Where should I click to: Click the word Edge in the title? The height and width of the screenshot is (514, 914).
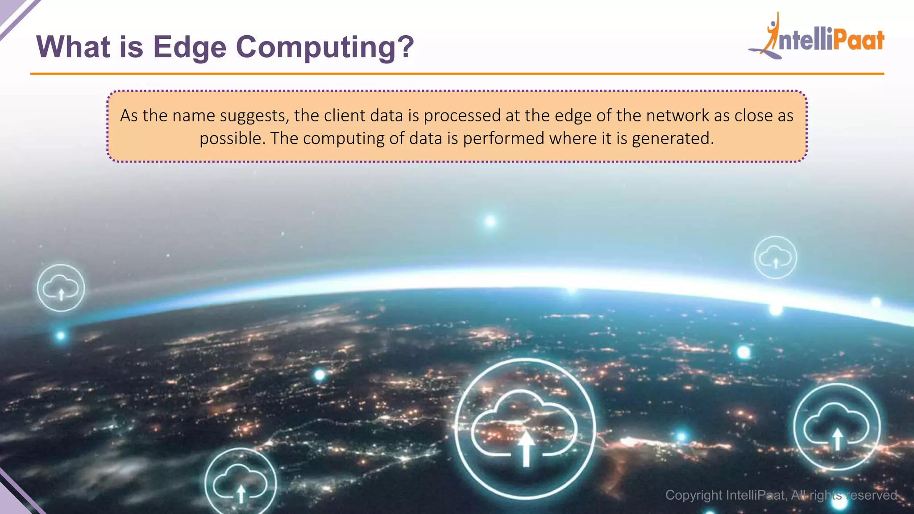[x=190, y=47]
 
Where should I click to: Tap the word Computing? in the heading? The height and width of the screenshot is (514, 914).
[x=325, y=47]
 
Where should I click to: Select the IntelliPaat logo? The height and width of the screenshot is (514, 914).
[x=817, y=38]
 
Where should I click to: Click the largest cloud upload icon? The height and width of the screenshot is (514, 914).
[x=525, y=429]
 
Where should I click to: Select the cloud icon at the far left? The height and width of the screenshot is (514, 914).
[x=61, y=288]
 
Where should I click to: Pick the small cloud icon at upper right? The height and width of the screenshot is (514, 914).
[x=775, y=257]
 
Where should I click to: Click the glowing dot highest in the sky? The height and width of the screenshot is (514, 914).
[x=490, y=221]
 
